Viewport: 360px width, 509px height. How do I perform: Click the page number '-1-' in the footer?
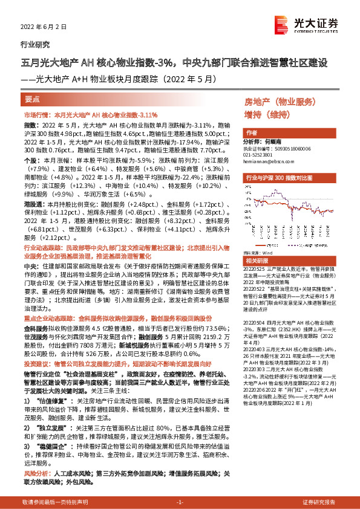[180, 502]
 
